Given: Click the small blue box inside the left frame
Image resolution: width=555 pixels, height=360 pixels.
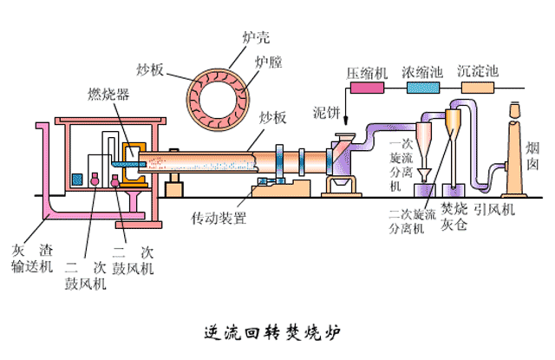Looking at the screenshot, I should (76, 179).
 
